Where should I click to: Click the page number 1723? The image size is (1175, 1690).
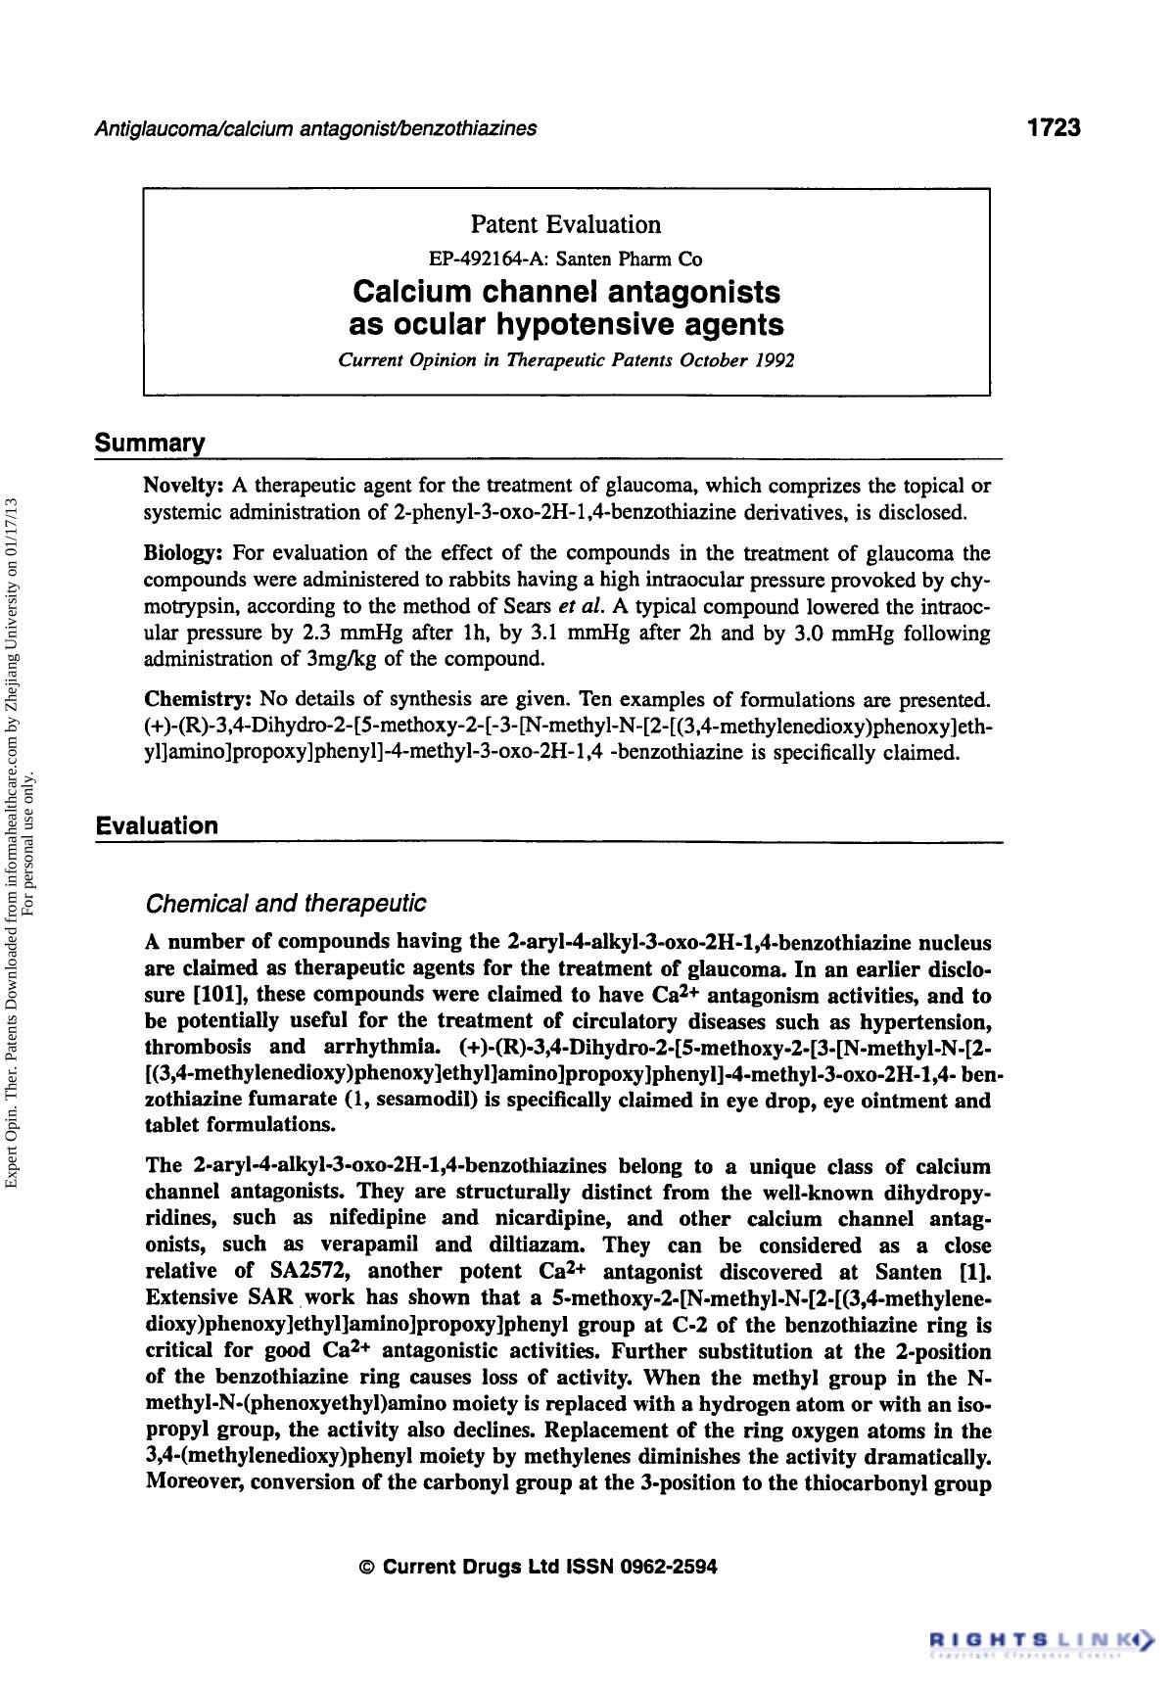pyautogui.click(x=1053, y=127)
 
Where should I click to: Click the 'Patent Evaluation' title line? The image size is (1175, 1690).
pyautogui.click(x=565, y=225)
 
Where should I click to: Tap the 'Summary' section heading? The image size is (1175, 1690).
pyautogui.click(x=150, y=444)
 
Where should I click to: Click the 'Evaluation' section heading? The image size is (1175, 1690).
pyautogui.click(x=157, y=825)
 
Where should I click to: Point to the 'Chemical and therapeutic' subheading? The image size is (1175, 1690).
pyautogui.click(x=285, y=903)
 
